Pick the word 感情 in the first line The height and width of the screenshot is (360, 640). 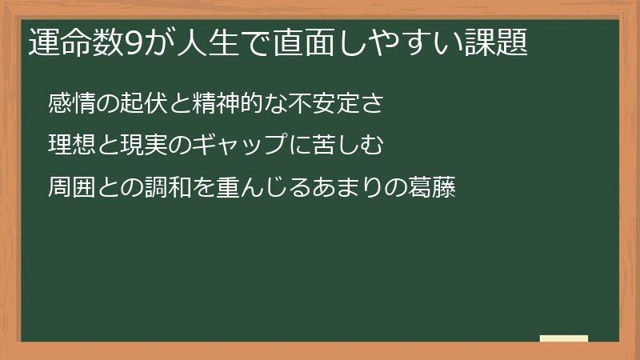71,103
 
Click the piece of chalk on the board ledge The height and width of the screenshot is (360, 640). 564,338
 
